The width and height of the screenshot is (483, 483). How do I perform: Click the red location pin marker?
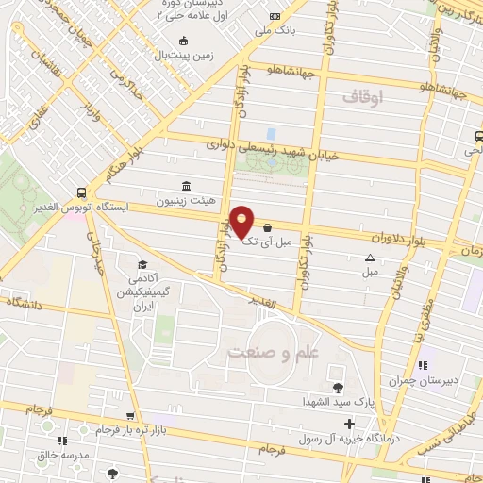tap(242, 221)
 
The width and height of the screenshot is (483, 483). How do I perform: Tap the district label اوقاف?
tap(363, 97)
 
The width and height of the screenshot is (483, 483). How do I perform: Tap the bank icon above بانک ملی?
tap(275, 17)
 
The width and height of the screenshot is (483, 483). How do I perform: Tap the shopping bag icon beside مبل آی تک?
tap(270, 227)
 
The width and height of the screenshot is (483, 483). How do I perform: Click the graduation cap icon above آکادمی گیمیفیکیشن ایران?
tap(142, 264)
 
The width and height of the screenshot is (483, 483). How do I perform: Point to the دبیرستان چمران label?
tap(420, 380)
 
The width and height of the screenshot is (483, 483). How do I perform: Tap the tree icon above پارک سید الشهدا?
tap(338, 387)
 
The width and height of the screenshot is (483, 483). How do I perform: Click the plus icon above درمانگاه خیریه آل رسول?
tap(350, 425)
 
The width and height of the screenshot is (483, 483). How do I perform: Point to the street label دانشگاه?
tap(28, 303)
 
